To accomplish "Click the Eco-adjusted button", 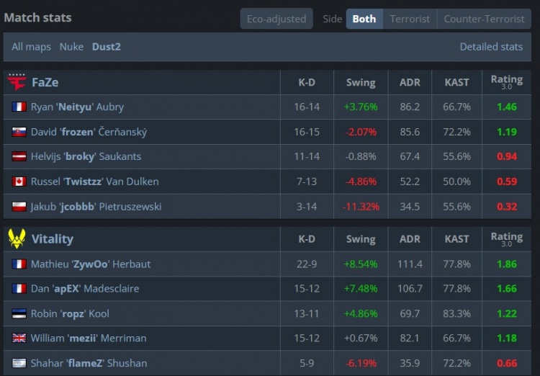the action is click(276, 19).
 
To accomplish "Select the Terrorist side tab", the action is click(410, 19).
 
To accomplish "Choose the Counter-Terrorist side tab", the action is click(484, 19).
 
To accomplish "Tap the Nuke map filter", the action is click(71, 47).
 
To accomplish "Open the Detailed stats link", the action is click(491, 47).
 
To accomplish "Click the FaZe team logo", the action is click(17, 82).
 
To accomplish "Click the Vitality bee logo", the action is click(17, 238).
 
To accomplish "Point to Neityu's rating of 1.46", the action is click(507, 107).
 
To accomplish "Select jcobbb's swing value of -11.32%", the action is click(361, 207).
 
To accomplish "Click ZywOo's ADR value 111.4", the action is click(410, 264).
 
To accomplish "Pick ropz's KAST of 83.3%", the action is click(456, 313).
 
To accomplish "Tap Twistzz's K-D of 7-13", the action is click(307, 182).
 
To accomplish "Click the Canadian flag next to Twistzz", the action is click(19, 182).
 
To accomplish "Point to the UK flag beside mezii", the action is click(19, 338).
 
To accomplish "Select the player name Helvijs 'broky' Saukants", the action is click(86, 156).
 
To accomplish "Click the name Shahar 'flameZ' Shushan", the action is click(89, 363).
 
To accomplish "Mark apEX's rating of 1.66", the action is click(507, 288).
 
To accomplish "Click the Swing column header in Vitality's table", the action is click(361, 239).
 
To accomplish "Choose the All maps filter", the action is click(31, 47).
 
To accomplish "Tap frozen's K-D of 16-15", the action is click(307, 132).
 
